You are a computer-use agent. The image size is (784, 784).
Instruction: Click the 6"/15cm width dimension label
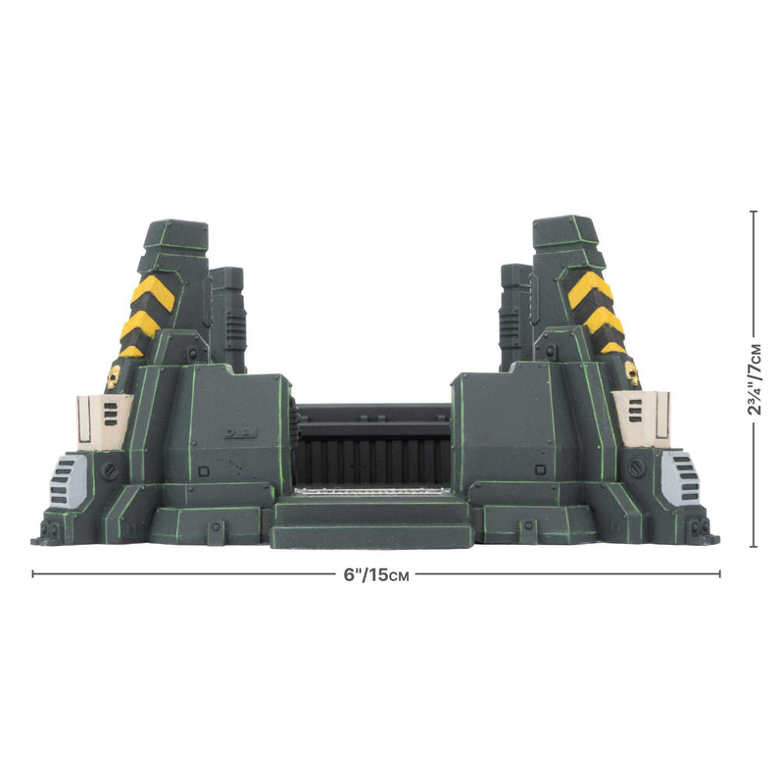point(376,574)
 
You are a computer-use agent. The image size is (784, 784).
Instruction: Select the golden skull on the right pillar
point(632,373)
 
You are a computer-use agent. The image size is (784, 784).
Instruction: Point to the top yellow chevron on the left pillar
point(154,290)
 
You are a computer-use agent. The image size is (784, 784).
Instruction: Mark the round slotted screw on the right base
point(639,468)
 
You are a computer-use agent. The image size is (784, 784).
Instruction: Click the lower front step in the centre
point(372,535)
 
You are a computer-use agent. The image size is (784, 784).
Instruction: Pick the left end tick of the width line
point(33,574)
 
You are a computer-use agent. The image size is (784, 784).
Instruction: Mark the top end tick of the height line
point(753,211)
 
